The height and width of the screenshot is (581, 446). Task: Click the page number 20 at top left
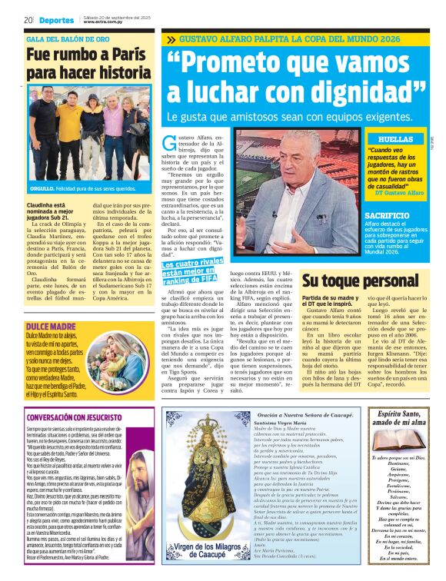28,19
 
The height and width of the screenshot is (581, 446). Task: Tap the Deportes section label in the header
55,19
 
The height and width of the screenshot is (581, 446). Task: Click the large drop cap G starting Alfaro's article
170,143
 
